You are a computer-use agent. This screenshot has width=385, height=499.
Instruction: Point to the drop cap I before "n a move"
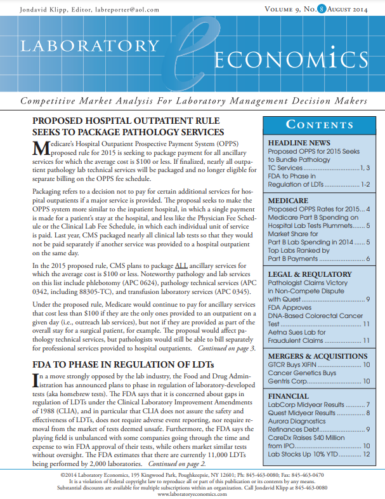click(x=35, y=380)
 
